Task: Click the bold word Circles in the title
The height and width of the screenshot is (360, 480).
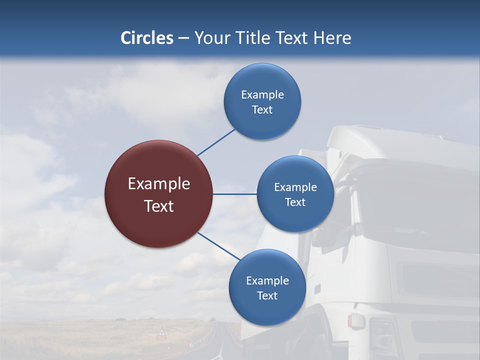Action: tap(147, 38)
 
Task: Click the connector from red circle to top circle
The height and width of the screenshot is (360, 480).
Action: tap(216, 142)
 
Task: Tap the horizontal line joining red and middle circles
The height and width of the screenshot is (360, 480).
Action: tap(234, 194)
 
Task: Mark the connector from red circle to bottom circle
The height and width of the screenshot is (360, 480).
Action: tap(218, 245)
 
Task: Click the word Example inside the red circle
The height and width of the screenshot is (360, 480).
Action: tap(158, 184)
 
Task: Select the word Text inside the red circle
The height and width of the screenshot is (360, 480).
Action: tap(158, 206)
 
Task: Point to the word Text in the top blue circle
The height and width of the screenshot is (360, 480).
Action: tap(262, 110)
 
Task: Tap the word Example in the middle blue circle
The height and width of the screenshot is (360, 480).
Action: tap(295, 187)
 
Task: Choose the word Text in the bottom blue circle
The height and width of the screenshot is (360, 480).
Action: tap(267, 296)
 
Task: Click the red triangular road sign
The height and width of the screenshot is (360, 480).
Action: tap(161, 333)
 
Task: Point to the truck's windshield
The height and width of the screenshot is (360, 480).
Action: tap(415, 210)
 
